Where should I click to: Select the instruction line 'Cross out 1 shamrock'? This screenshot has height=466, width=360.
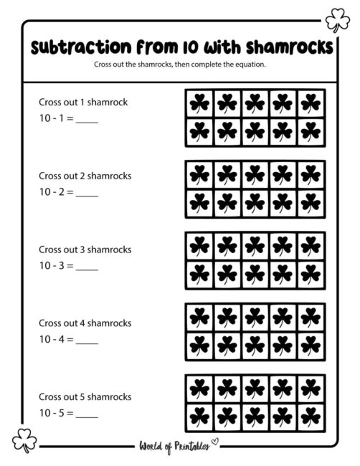point(83,102)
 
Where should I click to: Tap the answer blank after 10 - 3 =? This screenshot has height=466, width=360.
point(86,265)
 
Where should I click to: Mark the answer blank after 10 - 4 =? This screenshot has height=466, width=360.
point(86,339)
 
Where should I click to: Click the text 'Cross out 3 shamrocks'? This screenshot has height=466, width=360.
point(85,249)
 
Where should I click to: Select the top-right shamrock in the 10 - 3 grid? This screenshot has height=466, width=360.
point(311,247)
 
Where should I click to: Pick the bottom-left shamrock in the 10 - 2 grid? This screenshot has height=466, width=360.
point(199,203)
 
